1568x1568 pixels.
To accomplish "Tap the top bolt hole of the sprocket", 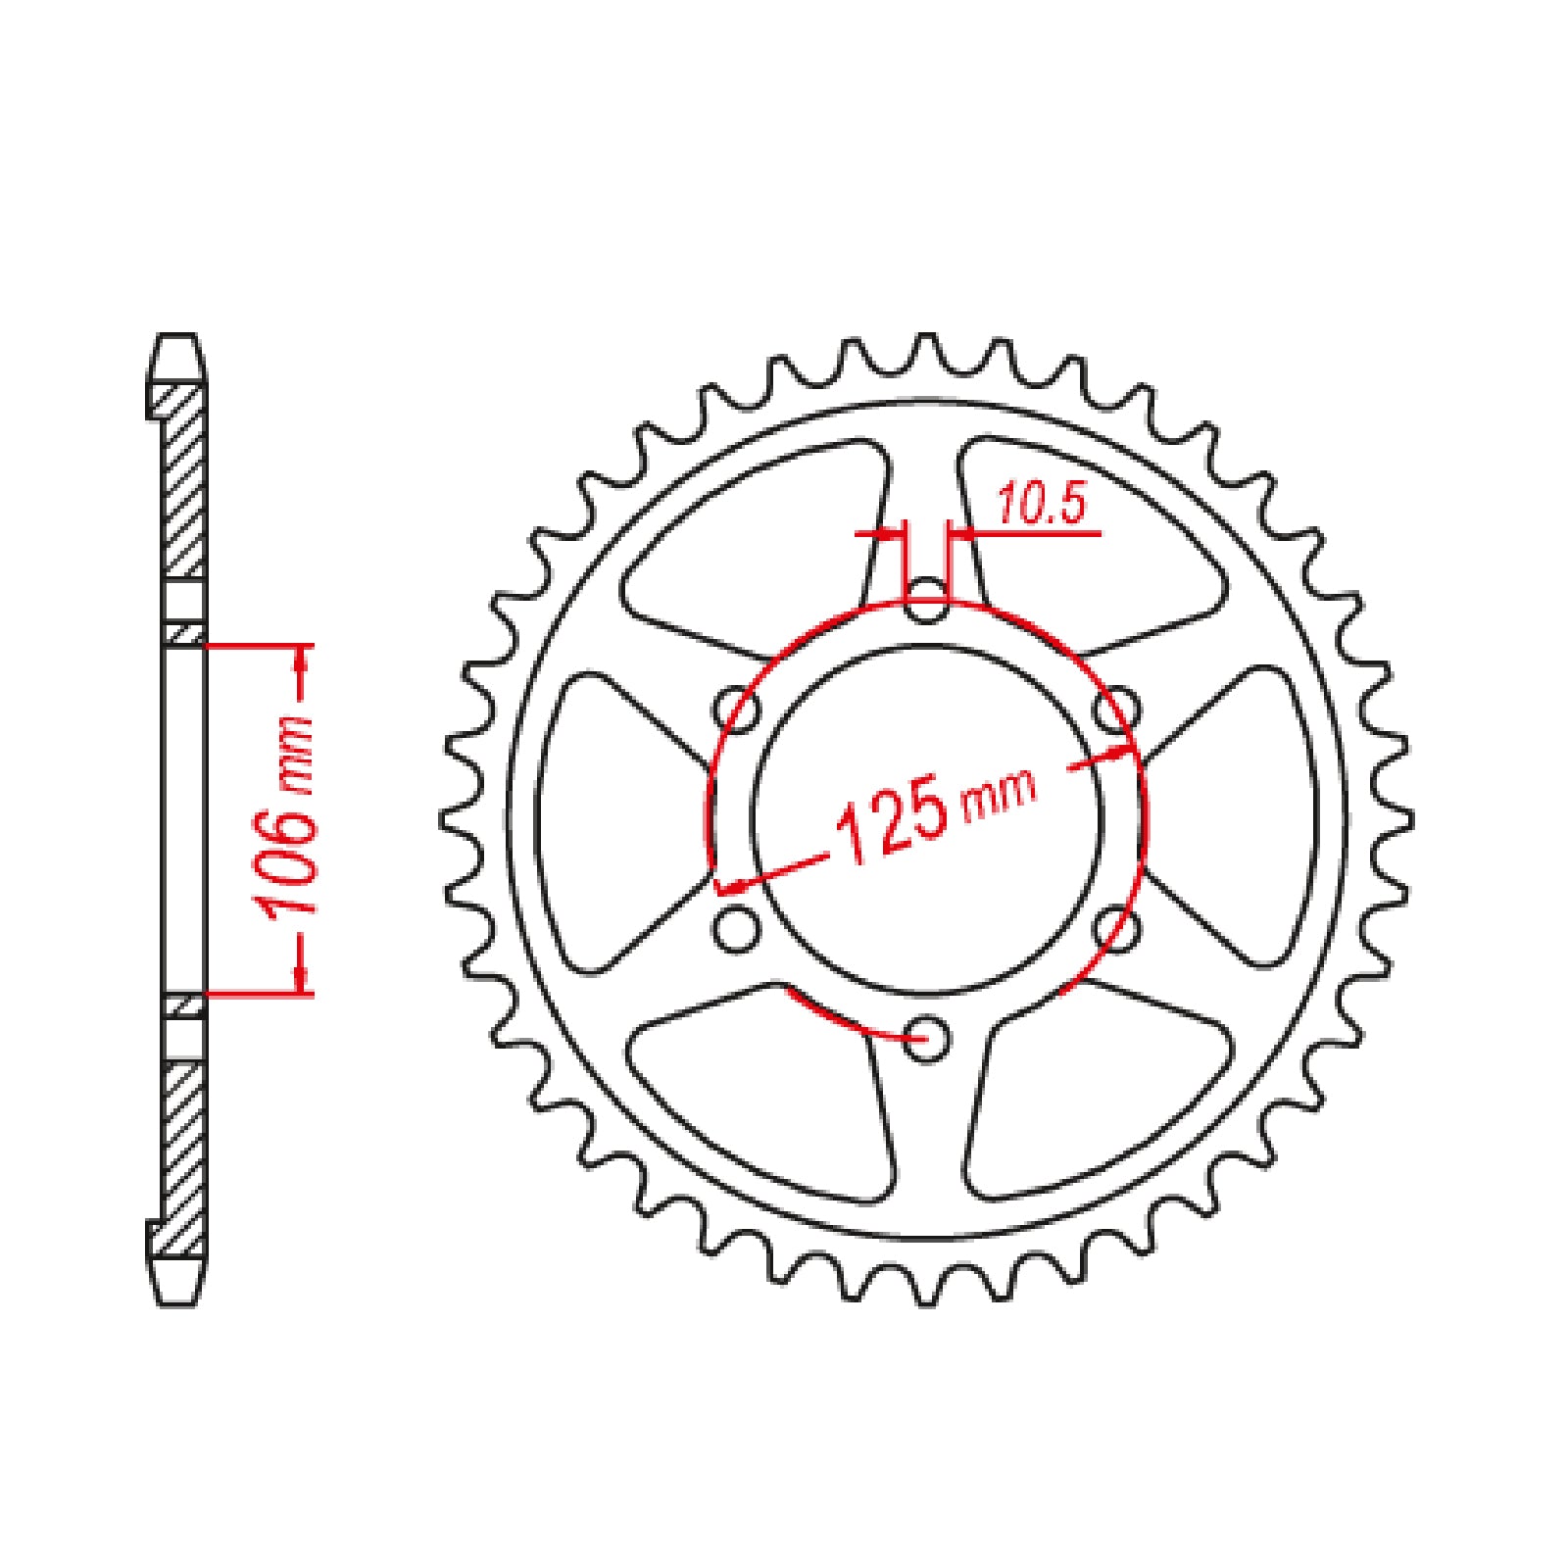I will point(926,603).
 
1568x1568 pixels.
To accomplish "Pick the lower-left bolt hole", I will point(738,928).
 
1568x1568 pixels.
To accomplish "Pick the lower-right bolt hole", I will point(1115,928).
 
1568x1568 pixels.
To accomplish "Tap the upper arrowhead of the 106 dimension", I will point(303,662).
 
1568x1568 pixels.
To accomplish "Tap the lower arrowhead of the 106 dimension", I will point(303,976).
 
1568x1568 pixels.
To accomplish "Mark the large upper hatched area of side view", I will point(182,480).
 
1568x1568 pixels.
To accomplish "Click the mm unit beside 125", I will point(1000,796).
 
